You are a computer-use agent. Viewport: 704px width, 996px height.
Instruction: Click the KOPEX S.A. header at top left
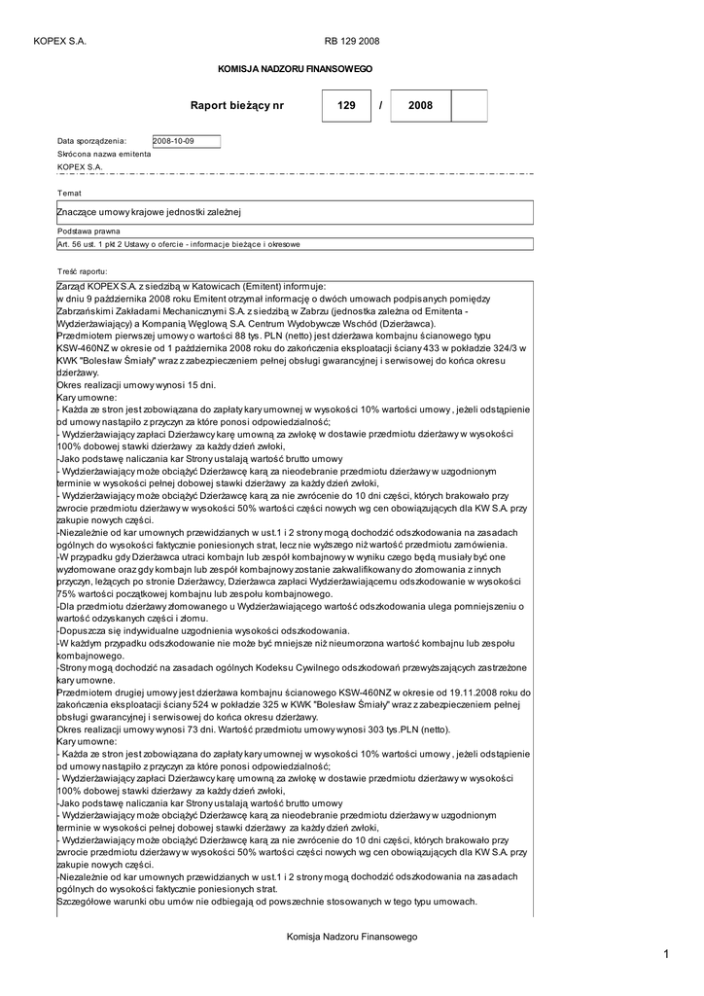[x=59, y=41]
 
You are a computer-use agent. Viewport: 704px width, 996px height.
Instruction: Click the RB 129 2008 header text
[x=352, y=41]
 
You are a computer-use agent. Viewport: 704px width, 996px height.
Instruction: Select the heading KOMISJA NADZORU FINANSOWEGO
[x=295, y=70]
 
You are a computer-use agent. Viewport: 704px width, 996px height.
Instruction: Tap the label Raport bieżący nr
[x=237, y=105]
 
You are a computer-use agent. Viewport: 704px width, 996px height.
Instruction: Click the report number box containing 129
[x=346, y=105]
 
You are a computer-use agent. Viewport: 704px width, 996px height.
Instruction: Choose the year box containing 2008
[x=420, y=105]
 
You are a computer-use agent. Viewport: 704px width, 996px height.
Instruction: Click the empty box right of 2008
[x=470, y=105]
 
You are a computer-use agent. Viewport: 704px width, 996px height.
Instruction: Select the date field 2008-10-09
[x=187, y=141]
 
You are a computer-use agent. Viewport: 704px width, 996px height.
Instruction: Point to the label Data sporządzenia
[x=91, y=141]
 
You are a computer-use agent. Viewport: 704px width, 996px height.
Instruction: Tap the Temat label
[x=69, y=194]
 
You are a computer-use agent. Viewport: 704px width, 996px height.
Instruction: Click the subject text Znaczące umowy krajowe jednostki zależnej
[x=149, y=211]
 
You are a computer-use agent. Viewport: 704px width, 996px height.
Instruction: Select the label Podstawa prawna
[x=88, y=231]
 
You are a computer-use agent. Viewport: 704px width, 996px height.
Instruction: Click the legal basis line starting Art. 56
[x=178, y=244]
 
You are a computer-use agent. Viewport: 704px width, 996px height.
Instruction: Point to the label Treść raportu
[x=83, y=270]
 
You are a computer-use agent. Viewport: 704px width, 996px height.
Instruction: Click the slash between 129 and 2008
[x=380, y=105]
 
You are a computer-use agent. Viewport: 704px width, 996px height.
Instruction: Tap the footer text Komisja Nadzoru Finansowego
[x=352, y=936]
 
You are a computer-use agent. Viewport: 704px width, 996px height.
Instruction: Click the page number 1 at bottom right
[x=667, y=954]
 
